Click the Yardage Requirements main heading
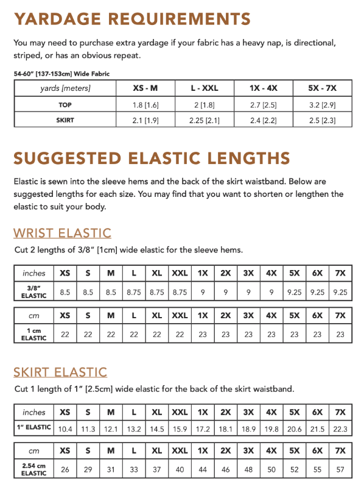[132, 19]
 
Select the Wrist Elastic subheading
[62, 233]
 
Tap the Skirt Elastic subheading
[60, 372]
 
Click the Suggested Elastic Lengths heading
[152, 158]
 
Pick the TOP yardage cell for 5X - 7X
[322, 105]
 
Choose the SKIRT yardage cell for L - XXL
[204, 120]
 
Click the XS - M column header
[145, 88]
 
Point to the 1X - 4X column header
[263, 88]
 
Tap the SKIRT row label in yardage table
[65, 120]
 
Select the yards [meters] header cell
[65, 88]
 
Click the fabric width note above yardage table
[61, 74]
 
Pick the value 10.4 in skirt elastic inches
[65, 429]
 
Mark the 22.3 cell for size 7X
[340, 429]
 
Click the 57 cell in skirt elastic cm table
[340, 470]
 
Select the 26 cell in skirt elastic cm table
[65, 470]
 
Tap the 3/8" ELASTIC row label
[34, 291]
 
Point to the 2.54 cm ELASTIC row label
[34, 470]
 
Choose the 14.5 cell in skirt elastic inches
[157, 429]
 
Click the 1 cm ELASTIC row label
[34, 334]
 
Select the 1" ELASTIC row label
[34, 427]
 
